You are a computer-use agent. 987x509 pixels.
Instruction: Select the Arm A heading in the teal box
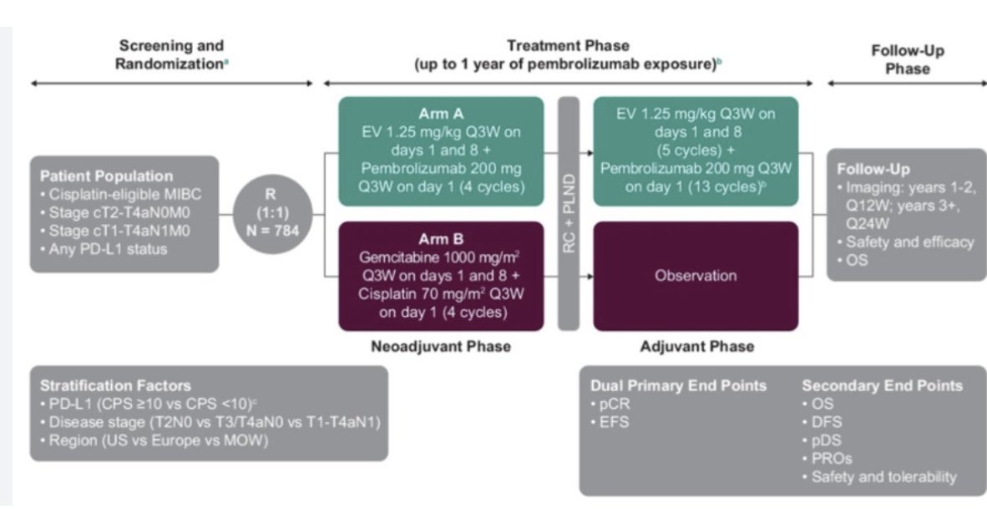click(441, 113)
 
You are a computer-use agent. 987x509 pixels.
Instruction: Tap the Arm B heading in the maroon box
click(441, 239)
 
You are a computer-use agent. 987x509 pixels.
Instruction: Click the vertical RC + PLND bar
click(568, 213)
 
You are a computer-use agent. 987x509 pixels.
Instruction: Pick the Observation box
click(695, 276)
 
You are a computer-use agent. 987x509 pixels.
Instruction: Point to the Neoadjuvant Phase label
click(441, 346)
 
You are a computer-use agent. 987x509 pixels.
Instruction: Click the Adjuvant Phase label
click(696, 346)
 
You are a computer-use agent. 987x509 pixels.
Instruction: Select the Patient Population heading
click(106, 176)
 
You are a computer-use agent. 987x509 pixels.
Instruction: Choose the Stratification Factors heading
click(115, 386)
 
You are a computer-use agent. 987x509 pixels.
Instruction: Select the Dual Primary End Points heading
click(678, 386)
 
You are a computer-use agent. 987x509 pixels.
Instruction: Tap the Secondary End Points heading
click(882, 386)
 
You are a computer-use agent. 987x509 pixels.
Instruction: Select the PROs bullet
click(832, 459)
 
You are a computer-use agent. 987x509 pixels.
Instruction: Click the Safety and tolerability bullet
click(883, 477)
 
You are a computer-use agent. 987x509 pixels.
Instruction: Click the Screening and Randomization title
click(172, 53)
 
